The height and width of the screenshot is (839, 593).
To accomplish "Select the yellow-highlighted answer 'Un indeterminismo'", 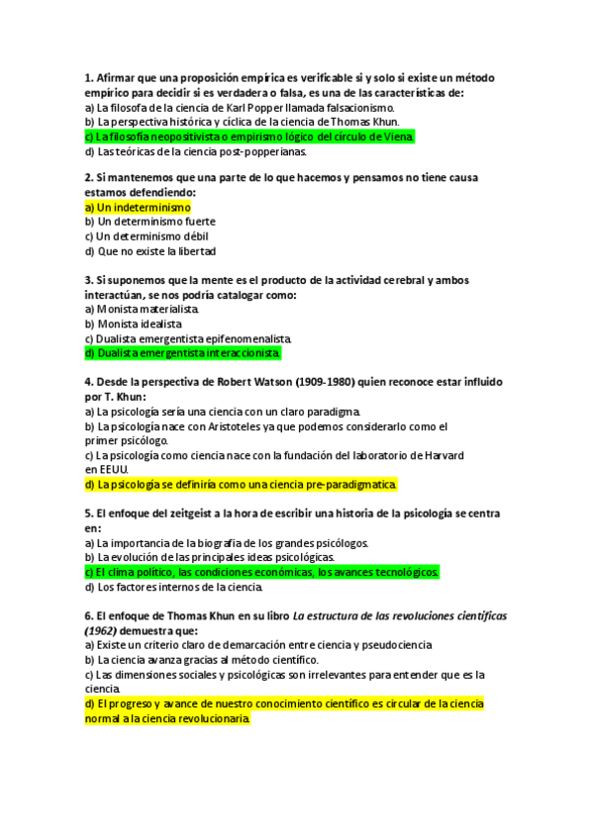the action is click(138, 208).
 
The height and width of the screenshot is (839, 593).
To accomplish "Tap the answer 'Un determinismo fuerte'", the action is click(149, 222).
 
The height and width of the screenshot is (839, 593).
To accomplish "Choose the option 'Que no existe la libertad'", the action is click(149, 251).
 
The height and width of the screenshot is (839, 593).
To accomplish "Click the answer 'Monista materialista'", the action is click(142, 309).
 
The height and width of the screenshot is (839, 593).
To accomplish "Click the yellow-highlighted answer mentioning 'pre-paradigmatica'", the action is click(241, 485).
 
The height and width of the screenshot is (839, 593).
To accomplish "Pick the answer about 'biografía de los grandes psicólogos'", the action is click(226, 543).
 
